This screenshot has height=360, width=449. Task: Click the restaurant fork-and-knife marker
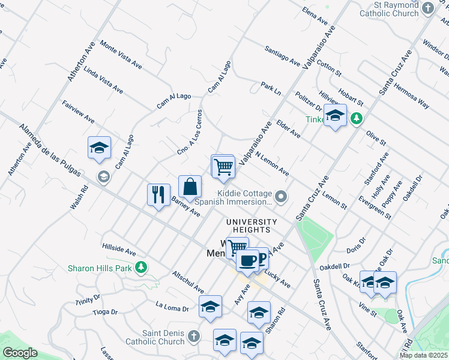(x=158, y=194)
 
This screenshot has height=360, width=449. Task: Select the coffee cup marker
(x=247, y=260)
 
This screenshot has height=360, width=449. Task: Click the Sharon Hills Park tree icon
(x=141, y=267)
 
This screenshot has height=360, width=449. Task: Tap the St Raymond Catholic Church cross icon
(x=427, y=8)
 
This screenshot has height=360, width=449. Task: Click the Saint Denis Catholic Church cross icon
(x=193, y=337)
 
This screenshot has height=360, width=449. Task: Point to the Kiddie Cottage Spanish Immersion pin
(x=280, y=196)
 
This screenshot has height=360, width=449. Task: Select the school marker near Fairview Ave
(x=99, y=148)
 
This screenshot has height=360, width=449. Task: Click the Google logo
(x=20, y=353)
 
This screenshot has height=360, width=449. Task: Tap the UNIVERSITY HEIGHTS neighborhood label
(x=252, y=222)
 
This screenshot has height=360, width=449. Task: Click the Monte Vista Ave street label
(x=121, y=54)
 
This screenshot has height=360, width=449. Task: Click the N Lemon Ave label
(x=272, y=163)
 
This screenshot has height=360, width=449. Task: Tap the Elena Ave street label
(x=315, y=16)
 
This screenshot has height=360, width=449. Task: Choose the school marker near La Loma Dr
(x=210, y=306)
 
